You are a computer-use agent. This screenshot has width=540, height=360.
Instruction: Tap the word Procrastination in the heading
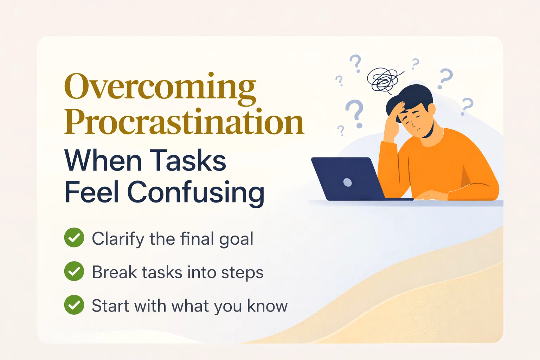click(x=184, y=122)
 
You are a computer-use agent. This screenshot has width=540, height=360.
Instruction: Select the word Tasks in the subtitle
click(x=189, y=160)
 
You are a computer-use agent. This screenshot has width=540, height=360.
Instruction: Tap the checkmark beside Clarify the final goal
click(x=74, y=238)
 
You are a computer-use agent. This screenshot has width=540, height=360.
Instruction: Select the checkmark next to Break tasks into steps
click(x=74, y=271)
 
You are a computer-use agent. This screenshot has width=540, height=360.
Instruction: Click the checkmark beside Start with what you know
click(x=74, y=305)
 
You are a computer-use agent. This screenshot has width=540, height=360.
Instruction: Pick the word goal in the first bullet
click(x=236, y=239)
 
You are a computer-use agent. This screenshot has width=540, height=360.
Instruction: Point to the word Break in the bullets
click(x=113, y=272)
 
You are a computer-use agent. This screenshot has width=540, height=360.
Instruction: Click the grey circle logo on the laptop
click(x=347, y=182)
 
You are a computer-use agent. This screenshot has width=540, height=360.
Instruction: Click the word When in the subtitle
click(x=103, y=160)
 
